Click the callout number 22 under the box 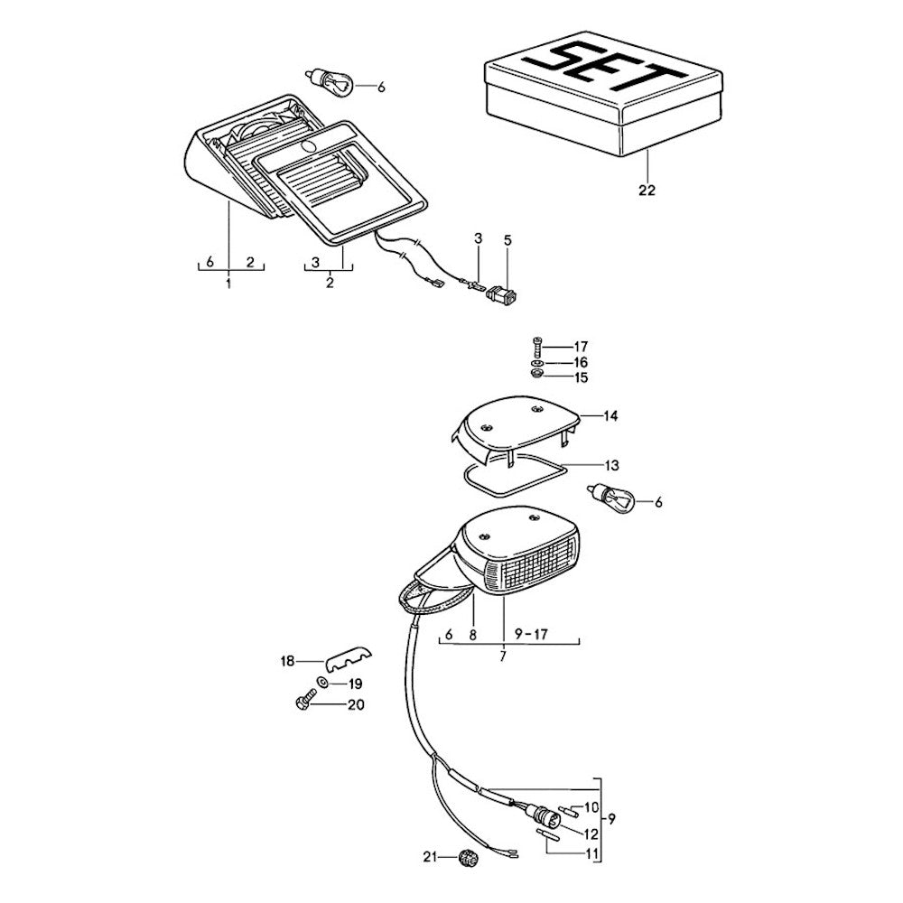647,191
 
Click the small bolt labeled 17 537,347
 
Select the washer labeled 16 537,362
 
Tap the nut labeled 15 536,376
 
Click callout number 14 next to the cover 611,416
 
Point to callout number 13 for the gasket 611,466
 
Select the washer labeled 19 323,684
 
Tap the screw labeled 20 304,703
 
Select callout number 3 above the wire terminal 479,237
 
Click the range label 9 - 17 530,634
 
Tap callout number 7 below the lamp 503,657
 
